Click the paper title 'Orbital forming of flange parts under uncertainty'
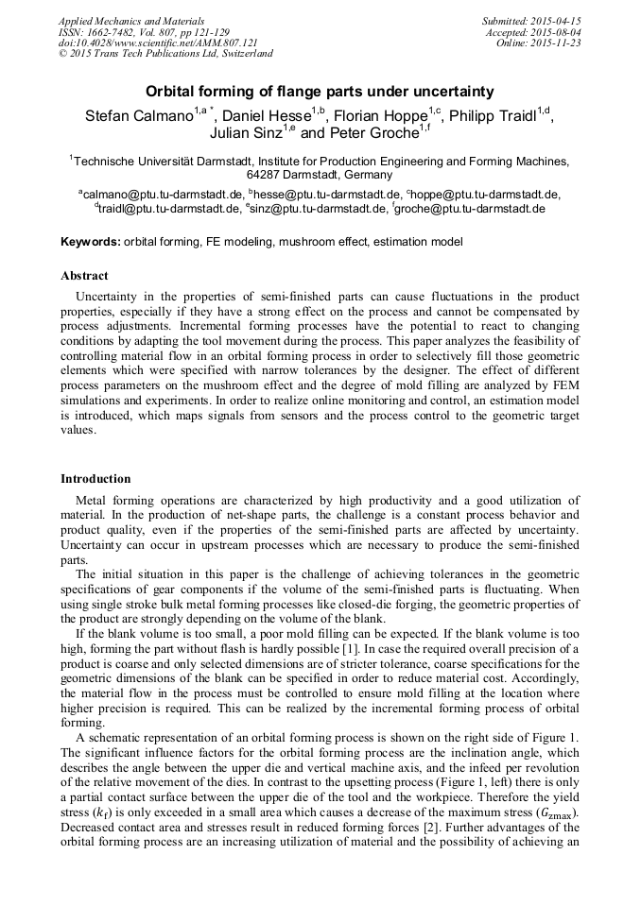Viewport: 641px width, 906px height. pos(320,92)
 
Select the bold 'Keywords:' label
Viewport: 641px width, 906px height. pos(91,242)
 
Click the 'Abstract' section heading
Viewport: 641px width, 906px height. pos(84,276)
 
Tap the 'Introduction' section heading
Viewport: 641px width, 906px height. pos(95,479)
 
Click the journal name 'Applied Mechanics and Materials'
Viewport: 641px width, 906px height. pos(131,21)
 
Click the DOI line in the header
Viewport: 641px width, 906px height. pos(158,43)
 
